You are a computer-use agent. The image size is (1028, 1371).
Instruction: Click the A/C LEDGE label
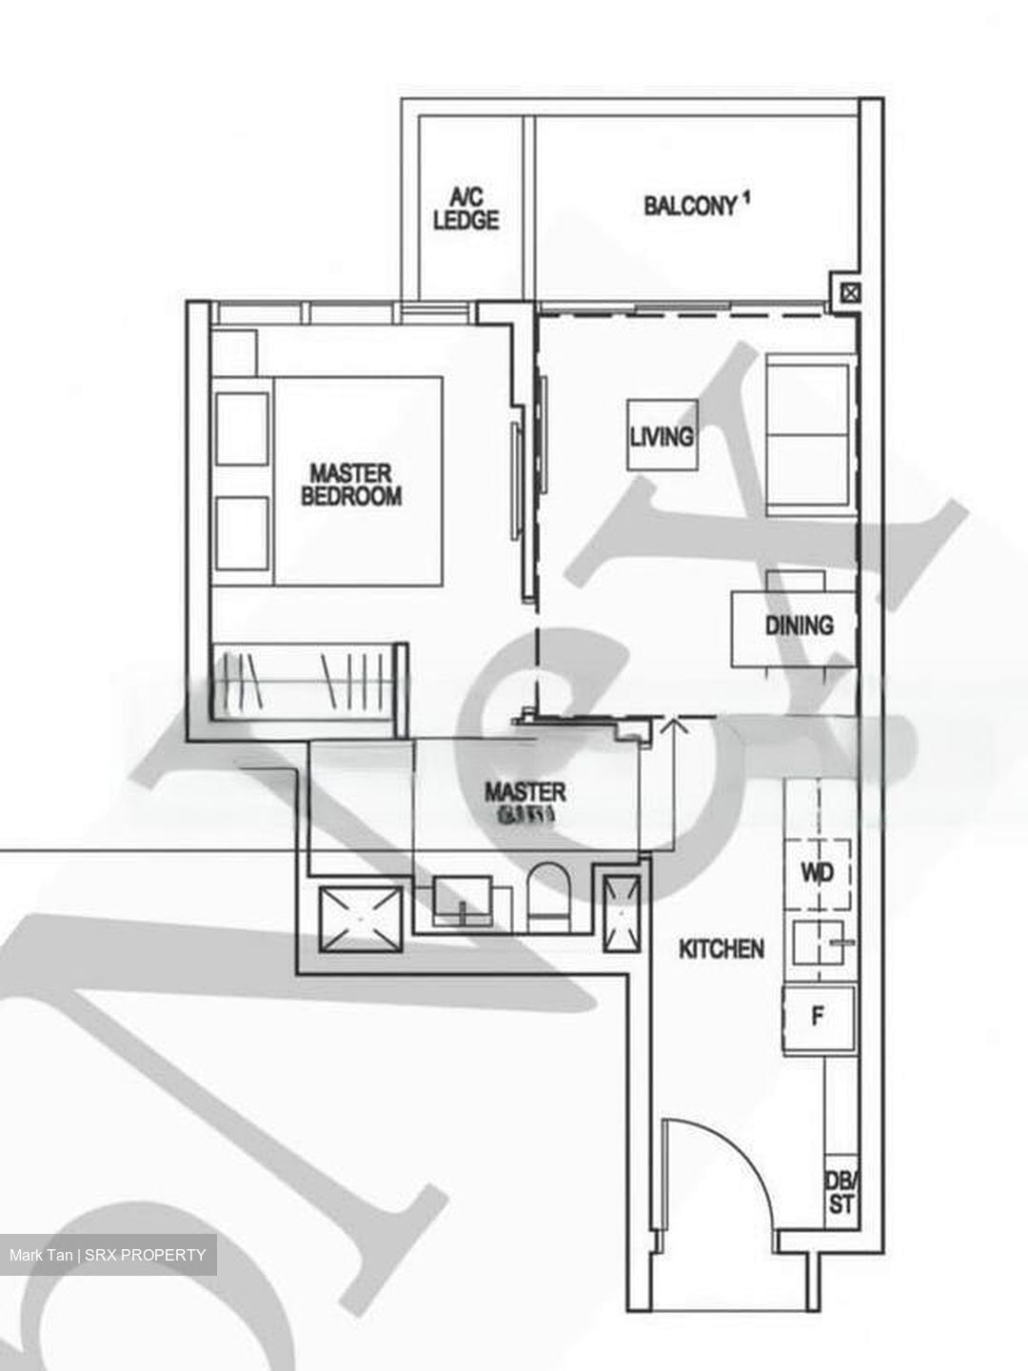465,209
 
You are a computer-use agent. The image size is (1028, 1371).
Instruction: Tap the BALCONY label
690,206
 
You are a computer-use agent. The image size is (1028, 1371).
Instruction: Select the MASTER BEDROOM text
350,485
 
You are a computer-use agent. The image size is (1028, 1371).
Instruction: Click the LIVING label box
662,436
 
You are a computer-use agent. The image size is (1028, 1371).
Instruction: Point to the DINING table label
798,626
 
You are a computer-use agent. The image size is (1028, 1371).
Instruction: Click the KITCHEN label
721,948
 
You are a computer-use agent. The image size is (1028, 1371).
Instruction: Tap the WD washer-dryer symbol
818,873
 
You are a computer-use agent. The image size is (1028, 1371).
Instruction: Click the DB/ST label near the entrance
840,1192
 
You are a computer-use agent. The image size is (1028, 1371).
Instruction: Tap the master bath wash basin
463,900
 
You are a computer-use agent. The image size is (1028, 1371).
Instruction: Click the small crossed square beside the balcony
850,294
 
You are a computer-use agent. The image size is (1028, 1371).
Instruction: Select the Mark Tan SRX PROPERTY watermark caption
108,1255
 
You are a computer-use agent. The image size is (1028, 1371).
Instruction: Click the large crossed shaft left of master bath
361,919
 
